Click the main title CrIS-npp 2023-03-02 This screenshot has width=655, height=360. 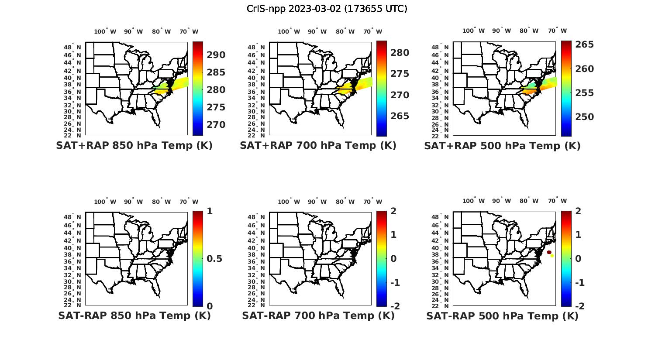[x=327, y=9]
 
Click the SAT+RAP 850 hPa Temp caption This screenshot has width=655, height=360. [x=134, y=146]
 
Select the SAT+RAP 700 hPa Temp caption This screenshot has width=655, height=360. [x=318, y=146]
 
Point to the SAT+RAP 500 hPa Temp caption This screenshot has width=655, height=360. [x=502, y=146]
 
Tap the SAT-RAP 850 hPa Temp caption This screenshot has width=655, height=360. [x=134, y=315]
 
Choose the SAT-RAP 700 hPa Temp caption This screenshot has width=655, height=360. [x=318, y=315]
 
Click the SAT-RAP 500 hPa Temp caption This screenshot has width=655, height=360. [x=502, y=315]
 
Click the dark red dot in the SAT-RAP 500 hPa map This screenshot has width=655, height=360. [x=549, y=252]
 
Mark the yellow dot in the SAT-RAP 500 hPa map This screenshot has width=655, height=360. [x=552, y=256]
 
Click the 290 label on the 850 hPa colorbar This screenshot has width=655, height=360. [x=216, y=55]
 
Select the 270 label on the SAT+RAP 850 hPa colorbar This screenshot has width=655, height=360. [x=216, y=125]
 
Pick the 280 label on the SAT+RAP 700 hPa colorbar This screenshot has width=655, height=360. [x=400, y=53]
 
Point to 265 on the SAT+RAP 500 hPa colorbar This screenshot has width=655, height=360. [x=584, y=45]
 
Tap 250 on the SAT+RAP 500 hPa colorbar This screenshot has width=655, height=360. [x=584, y=117]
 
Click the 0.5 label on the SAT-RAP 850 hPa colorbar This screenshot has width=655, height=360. [x=214, y=259]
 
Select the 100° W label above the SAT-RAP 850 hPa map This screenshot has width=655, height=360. [x=105, y=202]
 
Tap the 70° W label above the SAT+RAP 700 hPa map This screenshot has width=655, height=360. [x=372, y=31]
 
